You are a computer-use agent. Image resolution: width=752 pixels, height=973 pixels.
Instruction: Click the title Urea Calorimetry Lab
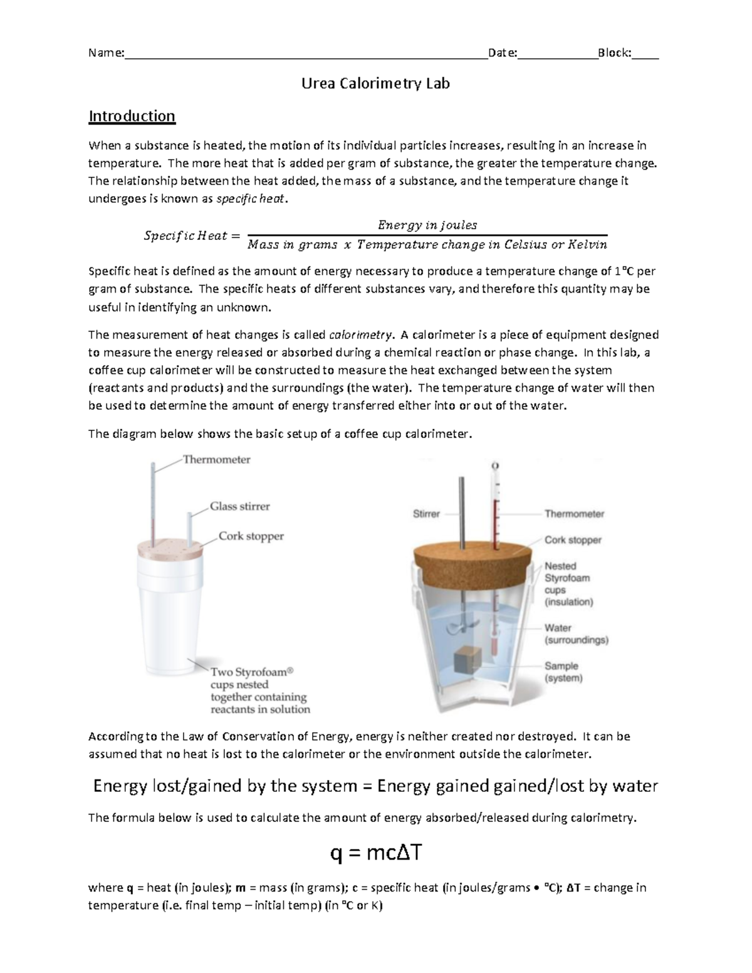click(375, 83)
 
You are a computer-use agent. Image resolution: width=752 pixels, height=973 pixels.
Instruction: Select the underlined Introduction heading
click(132, 117)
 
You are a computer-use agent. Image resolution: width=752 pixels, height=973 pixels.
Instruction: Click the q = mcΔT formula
click(375, 853)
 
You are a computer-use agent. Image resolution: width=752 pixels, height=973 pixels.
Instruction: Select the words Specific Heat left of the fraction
click(185, 236)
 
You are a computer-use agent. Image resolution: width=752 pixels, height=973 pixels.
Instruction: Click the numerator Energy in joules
click(427, 225)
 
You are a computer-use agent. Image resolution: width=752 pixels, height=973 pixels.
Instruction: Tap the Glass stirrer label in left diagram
click(239, 506)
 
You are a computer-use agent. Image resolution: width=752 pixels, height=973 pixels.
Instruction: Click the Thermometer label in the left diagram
click(216, 459)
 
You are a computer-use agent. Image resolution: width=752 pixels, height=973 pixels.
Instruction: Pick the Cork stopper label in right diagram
click(573, 539)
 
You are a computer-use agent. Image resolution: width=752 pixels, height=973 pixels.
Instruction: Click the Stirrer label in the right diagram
click(426, 514)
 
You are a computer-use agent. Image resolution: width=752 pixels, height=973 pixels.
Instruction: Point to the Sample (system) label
click(563, 672)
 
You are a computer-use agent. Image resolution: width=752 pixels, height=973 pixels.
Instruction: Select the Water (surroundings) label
click(576, 634)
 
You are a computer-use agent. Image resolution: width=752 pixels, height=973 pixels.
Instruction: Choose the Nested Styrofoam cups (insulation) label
click(568, 584)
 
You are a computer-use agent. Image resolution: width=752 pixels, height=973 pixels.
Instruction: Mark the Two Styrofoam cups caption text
click(259, 690)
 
